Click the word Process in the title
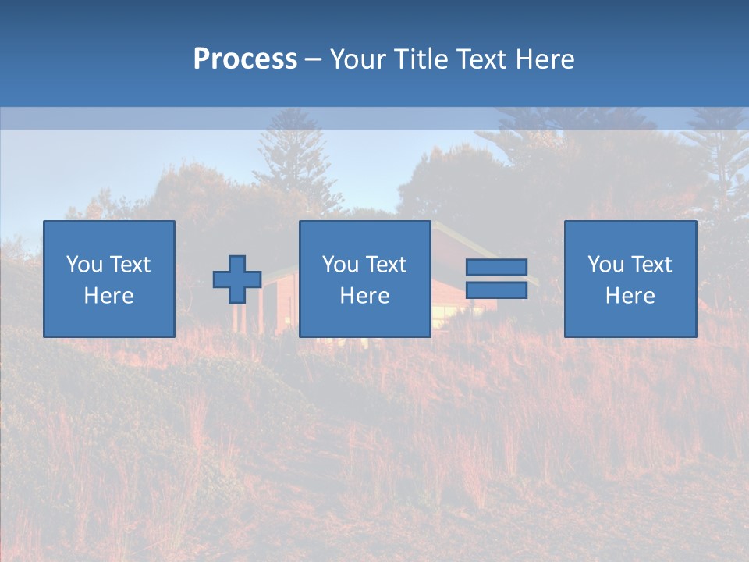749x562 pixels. [245, 59]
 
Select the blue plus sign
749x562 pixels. [237, 279]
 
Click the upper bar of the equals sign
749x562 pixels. [496, 268]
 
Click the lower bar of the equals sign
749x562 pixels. [496, 290]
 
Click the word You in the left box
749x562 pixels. [84, 265]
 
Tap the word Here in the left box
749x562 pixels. [109, 296]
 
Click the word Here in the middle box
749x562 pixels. [365, 296]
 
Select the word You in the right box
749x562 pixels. [605, 265]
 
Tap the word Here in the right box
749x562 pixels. [630, 296]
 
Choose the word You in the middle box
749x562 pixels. [340, 265]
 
